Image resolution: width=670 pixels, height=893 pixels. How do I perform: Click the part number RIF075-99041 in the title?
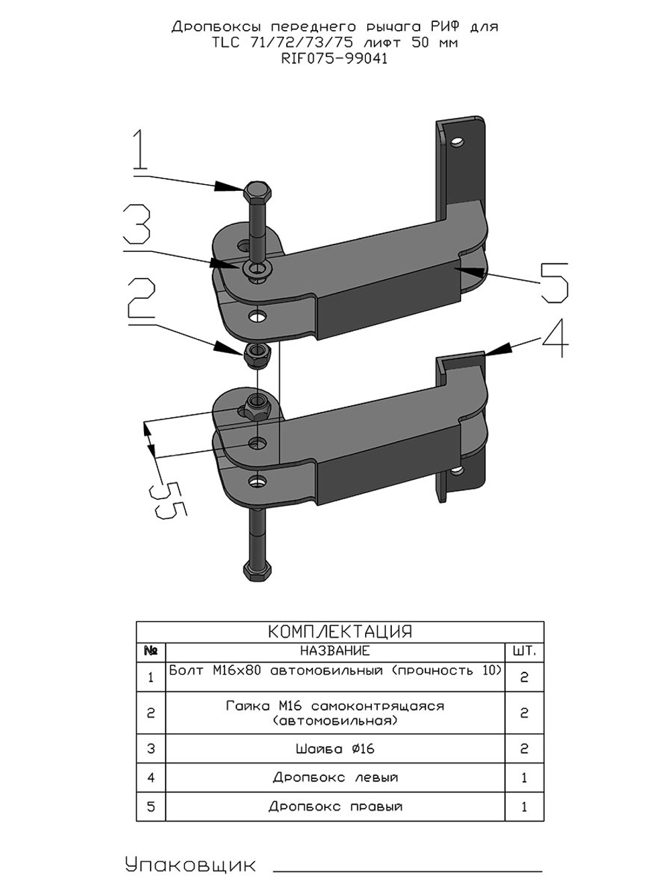tap(334, 60)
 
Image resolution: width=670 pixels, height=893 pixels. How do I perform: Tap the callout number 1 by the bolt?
tap(140, 149)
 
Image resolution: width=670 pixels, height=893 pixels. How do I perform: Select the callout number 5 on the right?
tap(554, 283)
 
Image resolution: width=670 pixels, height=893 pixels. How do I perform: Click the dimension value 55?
tap(167, 500)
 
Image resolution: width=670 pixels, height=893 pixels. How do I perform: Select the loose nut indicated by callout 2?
tap(257, 355)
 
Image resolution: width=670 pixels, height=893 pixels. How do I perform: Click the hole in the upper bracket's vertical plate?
tap(458, 141)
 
